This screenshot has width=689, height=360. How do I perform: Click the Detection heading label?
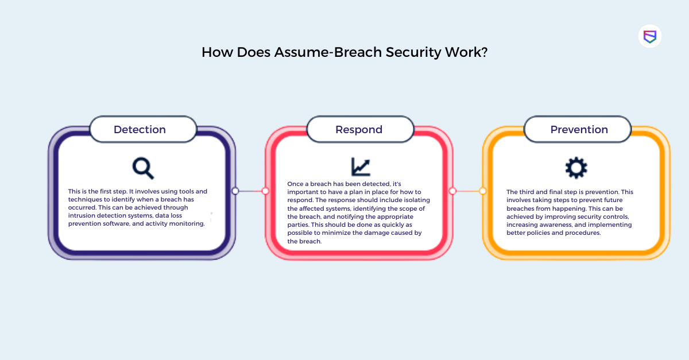[140, 130]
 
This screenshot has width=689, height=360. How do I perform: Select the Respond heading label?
[359, 130]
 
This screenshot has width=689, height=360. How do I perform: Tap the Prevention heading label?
[579, 130]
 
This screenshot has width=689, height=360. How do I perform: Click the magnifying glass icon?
[143, 168]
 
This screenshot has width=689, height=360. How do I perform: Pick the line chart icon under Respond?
[361, 167]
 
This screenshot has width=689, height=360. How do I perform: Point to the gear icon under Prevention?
[576, 168]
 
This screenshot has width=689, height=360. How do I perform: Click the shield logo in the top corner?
[650, 36]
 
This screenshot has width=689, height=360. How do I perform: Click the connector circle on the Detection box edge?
[235, 191]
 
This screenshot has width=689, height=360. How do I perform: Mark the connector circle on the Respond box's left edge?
[265, 191]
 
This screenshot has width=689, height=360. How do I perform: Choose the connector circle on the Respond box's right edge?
[452, 191]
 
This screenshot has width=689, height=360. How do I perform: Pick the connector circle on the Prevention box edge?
[483, 191]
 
